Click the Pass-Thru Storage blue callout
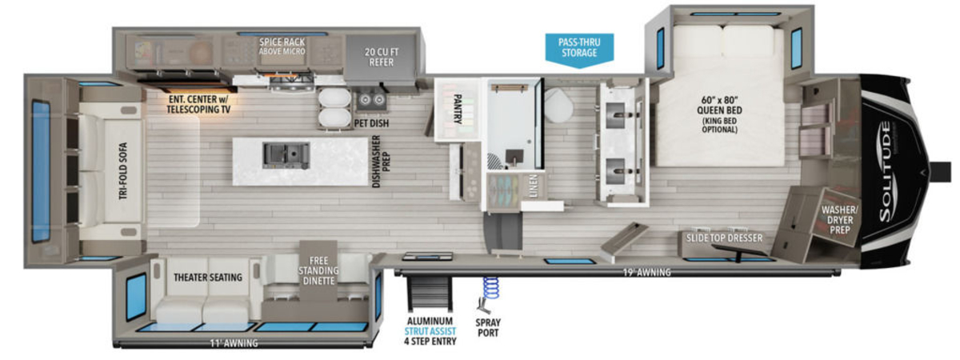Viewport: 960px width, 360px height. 579,50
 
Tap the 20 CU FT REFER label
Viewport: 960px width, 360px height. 382,57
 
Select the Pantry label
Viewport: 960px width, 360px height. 457,109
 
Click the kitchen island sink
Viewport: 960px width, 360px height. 286,155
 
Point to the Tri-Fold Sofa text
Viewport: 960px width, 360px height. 123,171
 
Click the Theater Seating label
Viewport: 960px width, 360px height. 208,278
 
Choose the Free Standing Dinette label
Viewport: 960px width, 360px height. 318,271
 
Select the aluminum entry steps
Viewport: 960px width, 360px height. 430,294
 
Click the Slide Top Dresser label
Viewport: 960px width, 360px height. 724,238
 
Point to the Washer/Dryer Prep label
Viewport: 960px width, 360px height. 839,220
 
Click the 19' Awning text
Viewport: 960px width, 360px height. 646,272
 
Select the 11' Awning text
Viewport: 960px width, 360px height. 234,343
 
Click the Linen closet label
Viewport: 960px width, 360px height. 533,186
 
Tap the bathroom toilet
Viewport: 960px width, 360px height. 559,105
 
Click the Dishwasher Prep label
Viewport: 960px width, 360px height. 381,161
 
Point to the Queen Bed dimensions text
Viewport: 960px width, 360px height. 719,114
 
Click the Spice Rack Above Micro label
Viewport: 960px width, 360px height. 282,46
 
